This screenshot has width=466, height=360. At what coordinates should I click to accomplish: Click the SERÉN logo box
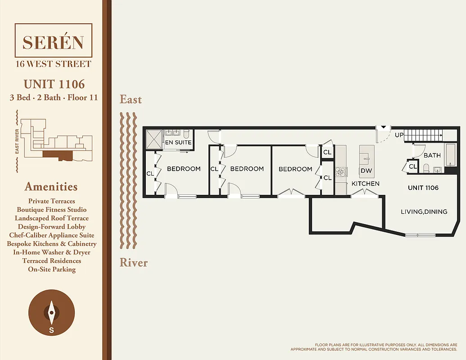(x=53, y=42)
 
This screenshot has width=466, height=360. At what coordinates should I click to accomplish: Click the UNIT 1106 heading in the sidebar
(x=54, y=84)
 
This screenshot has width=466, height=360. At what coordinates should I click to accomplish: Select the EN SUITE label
(x=178, y=142)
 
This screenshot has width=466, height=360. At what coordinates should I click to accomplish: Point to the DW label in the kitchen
(x=366, y=171)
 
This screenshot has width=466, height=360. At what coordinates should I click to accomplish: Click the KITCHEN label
(x=365, y=184)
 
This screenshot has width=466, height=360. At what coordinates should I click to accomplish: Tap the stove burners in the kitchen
(x=340, y=171)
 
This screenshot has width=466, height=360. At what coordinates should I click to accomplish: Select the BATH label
(x=432, y=155)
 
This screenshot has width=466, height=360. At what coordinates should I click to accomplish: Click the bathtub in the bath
(x=450, y=155)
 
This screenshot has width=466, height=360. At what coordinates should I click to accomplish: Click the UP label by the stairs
(x=399, y=135)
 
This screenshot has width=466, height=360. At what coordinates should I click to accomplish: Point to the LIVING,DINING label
(x=424, y=211)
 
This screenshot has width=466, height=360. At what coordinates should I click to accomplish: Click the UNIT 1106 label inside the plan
(x=423, y=188)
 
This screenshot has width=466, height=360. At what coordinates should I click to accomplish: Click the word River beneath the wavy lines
(x=133, y=262)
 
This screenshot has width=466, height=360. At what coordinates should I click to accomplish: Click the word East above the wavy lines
(x=131, y=99)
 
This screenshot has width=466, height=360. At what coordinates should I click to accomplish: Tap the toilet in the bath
(x=426, y=168)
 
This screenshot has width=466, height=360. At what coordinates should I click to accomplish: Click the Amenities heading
(x=51, y=187)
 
